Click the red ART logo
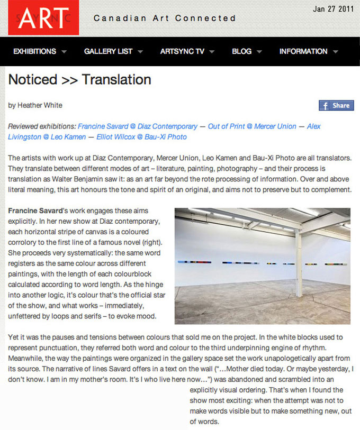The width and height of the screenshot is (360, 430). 43,17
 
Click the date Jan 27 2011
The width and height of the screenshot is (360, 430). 333,8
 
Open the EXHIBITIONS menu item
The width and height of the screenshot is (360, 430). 34,51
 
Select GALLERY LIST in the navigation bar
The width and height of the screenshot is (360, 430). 108,51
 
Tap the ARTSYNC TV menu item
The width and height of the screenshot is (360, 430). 182,51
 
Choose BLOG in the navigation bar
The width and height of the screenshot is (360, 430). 241,51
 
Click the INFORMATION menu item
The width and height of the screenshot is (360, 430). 303,51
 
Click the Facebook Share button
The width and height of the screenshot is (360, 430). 336,105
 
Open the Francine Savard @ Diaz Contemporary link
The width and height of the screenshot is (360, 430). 137,126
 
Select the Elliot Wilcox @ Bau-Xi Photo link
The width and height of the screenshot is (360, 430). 141,137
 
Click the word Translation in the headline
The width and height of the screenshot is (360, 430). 116,79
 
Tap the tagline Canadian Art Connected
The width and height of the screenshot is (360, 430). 165,18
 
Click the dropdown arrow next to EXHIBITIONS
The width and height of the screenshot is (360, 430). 64,52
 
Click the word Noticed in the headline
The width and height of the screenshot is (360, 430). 33,79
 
